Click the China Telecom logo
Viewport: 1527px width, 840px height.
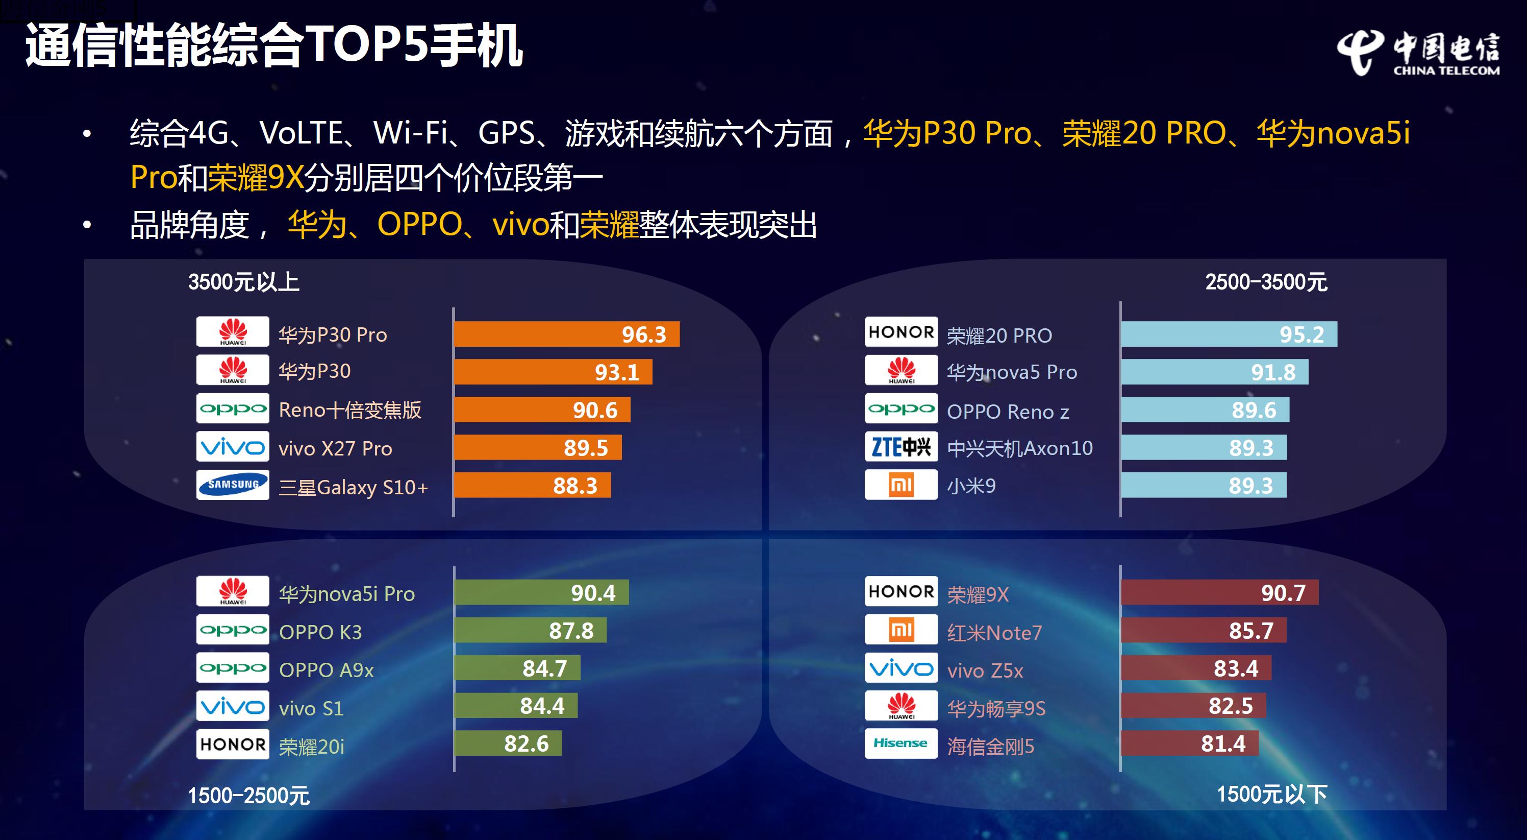(1418, 54)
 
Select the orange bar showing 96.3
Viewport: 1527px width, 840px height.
(566, 334)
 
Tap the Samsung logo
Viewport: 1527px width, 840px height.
(232, 485)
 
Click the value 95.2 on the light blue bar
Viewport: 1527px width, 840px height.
(1301, 334)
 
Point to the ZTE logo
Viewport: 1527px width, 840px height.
(900, 447)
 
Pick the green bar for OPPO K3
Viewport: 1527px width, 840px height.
(530, 631)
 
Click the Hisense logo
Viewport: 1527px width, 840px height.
(900, 743)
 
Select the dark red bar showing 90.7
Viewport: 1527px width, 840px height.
(1219, 593)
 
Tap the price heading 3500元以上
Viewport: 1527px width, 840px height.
(244, 282)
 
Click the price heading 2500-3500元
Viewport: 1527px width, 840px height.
(1266, 282)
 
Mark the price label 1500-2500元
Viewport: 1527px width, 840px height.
(248, 796)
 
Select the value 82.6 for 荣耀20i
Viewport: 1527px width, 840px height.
(526, 744)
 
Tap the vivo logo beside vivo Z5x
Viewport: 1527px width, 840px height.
(900, 668)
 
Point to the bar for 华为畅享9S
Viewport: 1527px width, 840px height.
(1193, 706)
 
